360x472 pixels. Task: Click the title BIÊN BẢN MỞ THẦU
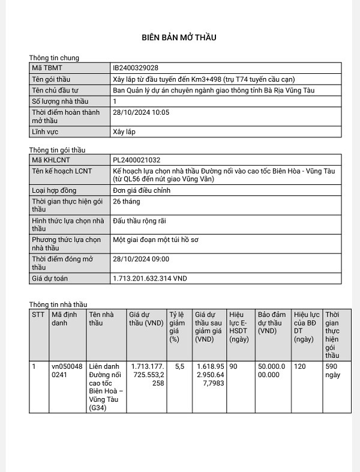click(179, 37)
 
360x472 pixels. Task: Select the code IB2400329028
click(136, 68)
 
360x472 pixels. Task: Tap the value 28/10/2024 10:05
click(142, 112)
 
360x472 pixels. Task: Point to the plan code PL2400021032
click(137, 160)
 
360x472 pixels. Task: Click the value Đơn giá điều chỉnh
click(142, 190)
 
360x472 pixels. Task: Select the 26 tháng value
click(126, 201)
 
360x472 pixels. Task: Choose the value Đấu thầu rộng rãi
click(139, 220)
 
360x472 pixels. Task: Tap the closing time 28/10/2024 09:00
click(142, 259)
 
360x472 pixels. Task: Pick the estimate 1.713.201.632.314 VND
click(150, 279)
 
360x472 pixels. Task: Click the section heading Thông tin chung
click(54, 58)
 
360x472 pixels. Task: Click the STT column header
click(38, 314)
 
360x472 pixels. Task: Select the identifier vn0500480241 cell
click(67, 370)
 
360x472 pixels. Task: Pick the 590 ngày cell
click(332, 370)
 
